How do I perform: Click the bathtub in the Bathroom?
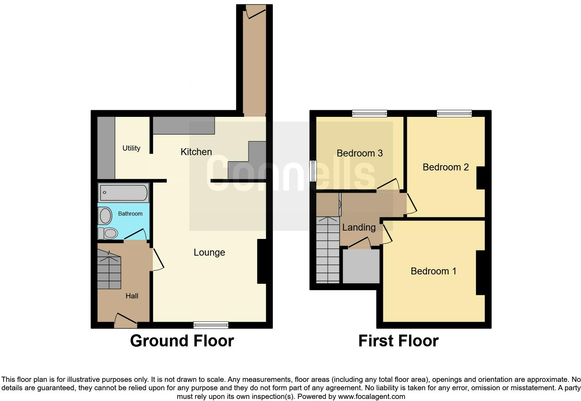click(123, 192)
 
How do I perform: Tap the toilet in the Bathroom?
click(108, 233)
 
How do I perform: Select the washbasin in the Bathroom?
click(105, 216)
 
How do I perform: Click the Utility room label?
click(131, 148)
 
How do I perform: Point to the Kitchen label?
click(196, 152)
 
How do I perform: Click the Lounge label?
click(209, 252)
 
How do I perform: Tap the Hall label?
click(132, 296)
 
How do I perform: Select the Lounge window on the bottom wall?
click(211, 325)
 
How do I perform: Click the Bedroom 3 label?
click(360, 153)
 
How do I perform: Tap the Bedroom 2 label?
click(445, 167)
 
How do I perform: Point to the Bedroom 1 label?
click(433, 271)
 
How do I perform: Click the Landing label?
click(359, 227)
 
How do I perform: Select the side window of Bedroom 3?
click(313, 170)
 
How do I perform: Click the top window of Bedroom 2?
click(454, 113)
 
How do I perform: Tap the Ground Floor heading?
click(182, 341)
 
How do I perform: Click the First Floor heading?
click(398, 341)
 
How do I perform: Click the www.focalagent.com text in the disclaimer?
click(371, 396)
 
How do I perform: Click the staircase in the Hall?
click(109, 271)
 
